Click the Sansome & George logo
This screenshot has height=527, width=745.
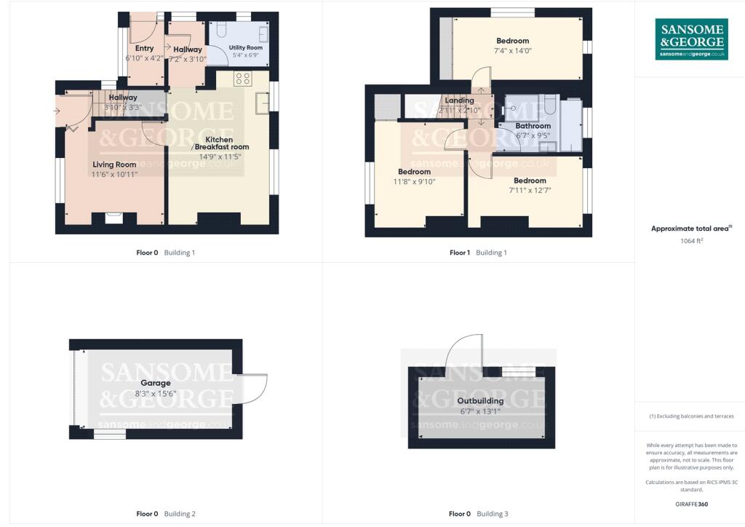(x=691, y=39)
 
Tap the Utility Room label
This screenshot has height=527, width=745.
(x=246, y=47)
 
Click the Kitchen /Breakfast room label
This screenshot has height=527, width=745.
(x=219, y=143)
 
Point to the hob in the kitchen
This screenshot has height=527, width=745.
(x=242, y=79)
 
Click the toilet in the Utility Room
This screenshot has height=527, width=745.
(x=223, y=30)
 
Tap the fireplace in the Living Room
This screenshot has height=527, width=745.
(x=113, y=216)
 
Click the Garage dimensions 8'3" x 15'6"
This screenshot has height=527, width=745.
(x=156, y=394)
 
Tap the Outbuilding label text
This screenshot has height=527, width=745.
(x=480, y=401)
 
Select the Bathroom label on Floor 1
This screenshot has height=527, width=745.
(x=533, y=126)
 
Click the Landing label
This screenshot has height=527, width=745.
(x=459, y=100)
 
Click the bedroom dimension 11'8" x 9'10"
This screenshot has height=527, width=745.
(x=413, y=182)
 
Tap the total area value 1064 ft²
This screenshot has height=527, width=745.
(x=691, y=240)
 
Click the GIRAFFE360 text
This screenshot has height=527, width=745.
(x=691, y=504)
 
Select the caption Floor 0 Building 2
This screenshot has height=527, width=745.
(x=166, y=514)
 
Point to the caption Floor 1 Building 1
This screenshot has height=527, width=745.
(x=478, y=253)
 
